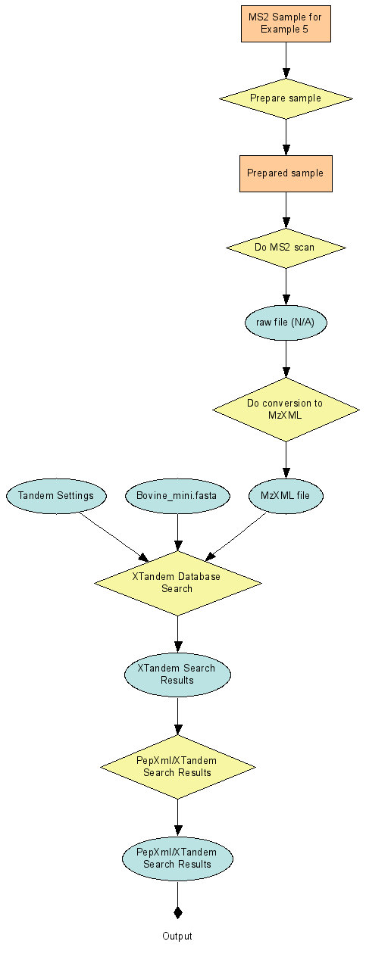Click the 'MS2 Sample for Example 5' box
[286, 23]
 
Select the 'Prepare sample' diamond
[286, 98]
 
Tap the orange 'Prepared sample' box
[286, 173]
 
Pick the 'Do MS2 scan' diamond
[286, 248]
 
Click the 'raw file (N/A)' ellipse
[286, 323]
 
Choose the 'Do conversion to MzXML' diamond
[286, 410]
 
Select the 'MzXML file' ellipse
[286, 496]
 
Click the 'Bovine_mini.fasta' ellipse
[177, 496]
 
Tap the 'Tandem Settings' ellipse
[56, 496]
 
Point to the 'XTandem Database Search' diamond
[177, 583]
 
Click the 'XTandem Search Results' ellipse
[177, 674]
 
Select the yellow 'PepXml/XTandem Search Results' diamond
[177, 767]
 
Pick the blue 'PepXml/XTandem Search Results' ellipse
[177, 859]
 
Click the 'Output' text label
[177, 937]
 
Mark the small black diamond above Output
[177, 912]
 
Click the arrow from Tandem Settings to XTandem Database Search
[114, 537]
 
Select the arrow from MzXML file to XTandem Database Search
[236, 537]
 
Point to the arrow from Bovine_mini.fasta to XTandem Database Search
[177, 532]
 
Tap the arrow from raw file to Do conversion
[286, 359]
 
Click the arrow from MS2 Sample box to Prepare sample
[286, 61]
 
